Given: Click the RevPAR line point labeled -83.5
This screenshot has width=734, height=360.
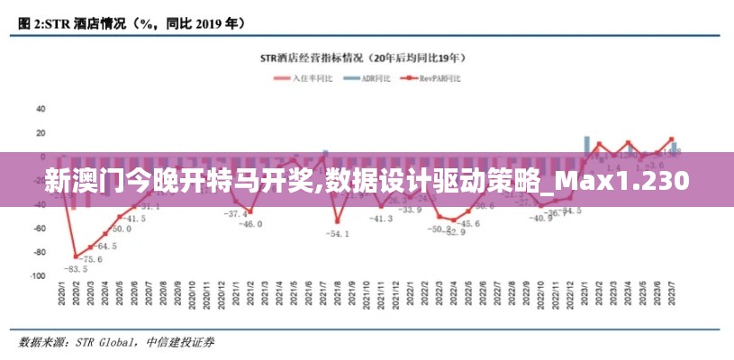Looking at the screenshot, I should click(76, 256).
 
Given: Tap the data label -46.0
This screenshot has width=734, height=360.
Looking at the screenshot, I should click(249, 224).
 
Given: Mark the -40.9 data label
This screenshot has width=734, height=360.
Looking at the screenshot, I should click(541, 218).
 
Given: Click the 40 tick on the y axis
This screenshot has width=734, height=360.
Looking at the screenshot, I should click(41, 109).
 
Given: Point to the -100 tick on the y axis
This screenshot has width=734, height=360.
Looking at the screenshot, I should click(38, 276).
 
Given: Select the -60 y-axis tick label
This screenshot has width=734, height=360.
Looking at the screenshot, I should click(40, 229).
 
